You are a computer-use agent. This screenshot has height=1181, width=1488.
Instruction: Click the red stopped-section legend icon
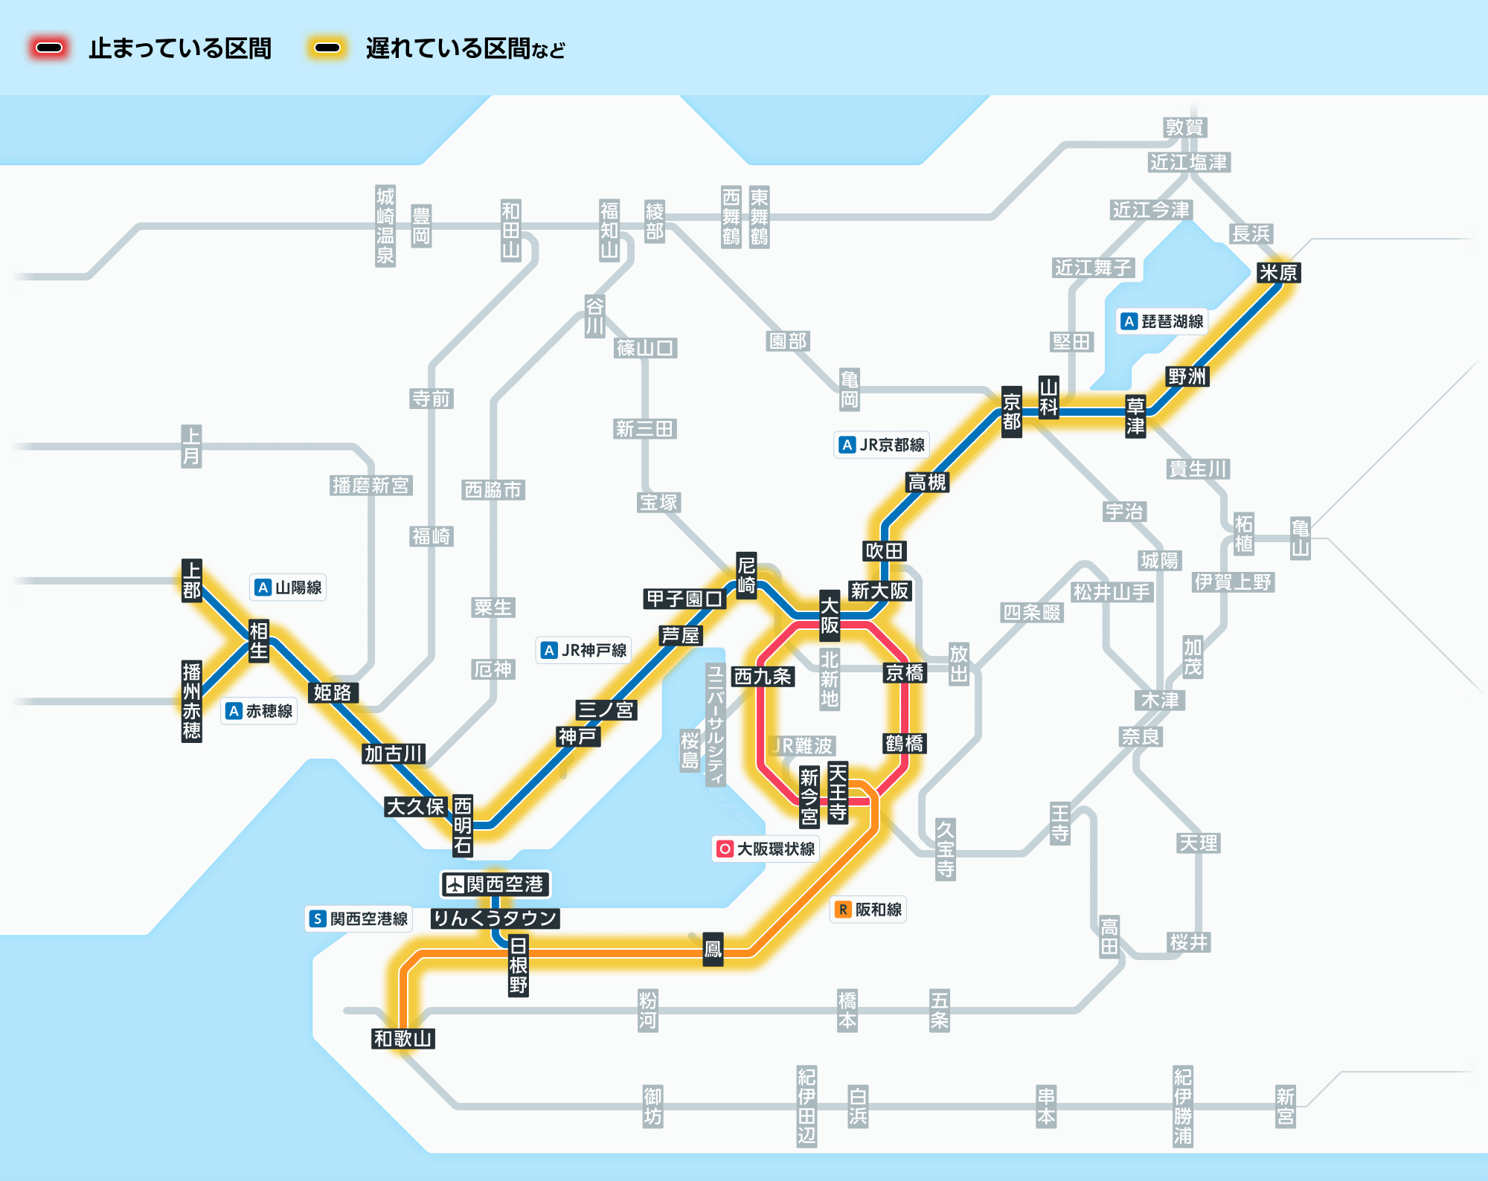49,48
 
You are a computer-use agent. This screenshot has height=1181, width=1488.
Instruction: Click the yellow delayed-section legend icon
327,48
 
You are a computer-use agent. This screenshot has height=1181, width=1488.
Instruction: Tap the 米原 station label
1278,273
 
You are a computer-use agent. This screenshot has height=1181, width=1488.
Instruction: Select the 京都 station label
1011,412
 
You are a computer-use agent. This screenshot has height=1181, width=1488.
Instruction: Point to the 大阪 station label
829,616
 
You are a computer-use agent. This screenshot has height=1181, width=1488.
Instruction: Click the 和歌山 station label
403,1038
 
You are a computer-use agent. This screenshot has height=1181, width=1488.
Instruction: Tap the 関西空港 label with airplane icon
496,884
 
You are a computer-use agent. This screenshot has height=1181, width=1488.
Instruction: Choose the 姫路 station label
333,692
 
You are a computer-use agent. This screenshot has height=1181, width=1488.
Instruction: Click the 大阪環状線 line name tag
766,849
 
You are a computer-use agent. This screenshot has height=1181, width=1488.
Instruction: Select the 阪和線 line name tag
868,910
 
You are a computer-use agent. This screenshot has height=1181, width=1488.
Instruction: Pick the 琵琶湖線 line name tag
1163,321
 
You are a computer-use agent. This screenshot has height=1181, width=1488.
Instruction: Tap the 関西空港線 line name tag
359,918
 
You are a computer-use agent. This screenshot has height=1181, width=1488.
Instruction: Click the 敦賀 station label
1184,128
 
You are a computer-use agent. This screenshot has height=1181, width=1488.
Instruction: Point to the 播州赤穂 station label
191,701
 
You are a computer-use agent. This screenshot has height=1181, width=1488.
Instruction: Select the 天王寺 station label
838,792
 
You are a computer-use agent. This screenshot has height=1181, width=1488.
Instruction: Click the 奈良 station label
1141,737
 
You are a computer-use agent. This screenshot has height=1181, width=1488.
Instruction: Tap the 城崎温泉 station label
385,226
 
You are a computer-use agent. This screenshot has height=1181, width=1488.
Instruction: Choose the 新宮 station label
1285,1107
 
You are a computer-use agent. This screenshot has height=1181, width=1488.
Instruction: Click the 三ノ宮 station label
606,709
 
